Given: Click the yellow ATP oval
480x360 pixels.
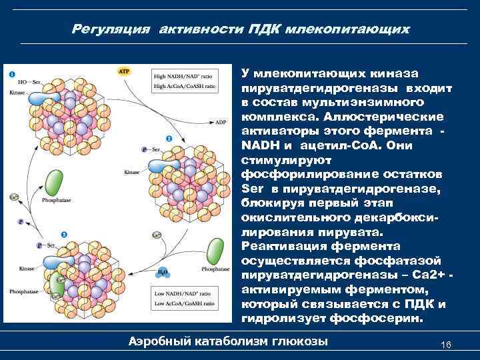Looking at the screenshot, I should pyautogui.click(x=124, y=70).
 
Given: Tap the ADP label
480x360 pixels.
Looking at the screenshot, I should pyautogui.click(x=221, y=123).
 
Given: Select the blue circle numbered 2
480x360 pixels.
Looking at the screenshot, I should pyautogui.click(x=169, y=139).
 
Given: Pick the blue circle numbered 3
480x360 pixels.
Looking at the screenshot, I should pyautogui.click(x=63, y=235).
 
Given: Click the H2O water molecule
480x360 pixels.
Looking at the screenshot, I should pyautogui.click(x=163, y=273).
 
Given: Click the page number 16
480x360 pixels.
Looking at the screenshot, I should pyautogui.click(x=446, y=344).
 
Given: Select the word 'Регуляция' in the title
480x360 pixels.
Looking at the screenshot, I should pyautogui.click(x=107, y=30).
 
